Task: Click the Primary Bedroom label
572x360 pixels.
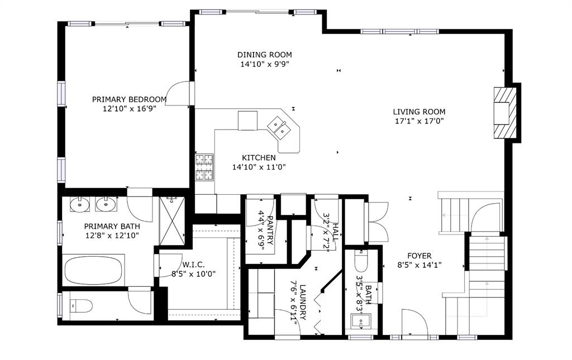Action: [x=129, y=99]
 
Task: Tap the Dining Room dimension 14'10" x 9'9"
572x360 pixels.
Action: [x=264, y=65]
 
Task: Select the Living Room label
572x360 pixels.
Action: [x=419, y=112]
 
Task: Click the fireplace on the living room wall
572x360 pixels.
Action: [x=506, y=113]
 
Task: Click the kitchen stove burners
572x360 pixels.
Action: [x=204, y=167]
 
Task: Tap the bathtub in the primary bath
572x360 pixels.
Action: [x=94, y=270]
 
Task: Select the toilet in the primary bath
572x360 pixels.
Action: [x=82, y=306]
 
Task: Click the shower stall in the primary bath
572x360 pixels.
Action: [x=172, y=222]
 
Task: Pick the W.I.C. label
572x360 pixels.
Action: [x=193, y=265]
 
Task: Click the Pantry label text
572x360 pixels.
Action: [x=270, y=231]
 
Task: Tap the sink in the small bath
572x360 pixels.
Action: [x=360, y=321]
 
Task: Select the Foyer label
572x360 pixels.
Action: [x=419, y=256]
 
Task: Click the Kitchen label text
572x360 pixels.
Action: [x=259, y=158]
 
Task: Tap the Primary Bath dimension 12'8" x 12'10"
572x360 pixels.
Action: [x=112, y=236]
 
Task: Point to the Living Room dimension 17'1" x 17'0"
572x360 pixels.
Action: [x=419, y=121]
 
